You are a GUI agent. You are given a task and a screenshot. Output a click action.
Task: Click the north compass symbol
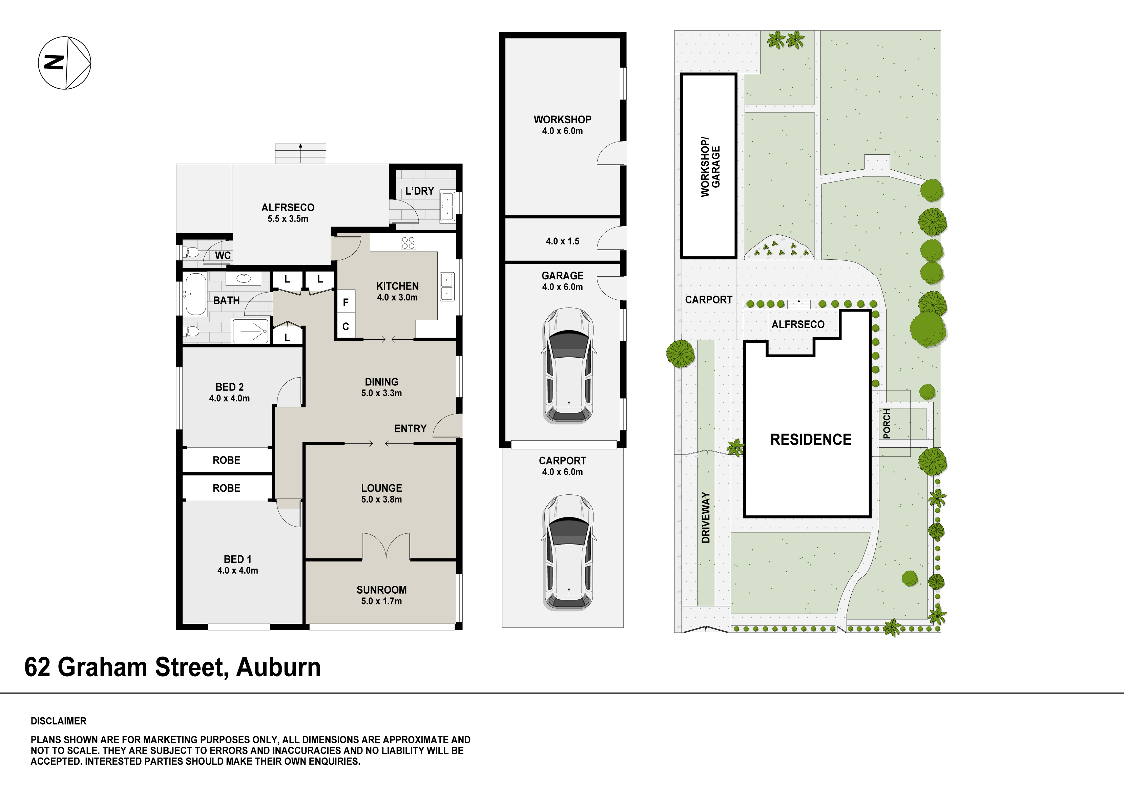pos(65,63)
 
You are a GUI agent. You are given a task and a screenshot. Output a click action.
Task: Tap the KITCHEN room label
pos(397,286)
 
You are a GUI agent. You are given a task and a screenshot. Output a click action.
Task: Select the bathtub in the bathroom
pos(196,294)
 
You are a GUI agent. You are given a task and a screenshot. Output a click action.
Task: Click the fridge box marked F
pos(346,302)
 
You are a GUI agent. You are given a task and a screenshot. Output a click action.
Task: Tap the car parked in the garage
pos(568,365)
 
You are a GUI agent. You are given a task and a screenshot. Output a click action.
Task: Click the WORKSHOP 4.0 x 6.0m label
pos(562,125)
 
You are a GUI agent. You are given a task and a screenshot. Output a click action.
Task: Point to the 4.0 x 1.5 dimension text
pos(562,241)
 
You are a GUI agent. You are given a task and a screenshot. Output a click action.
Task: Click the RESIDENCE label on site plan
pos(811,440)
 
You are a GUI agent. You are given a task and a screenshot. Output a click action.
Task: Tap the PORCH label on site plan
pos(886,424)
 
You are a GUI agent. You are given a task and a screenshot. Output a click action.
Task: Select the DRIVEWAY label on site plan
pos(705,517)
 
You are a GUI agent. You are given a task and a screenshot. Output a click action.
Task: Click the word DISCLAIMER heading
pos(58,721)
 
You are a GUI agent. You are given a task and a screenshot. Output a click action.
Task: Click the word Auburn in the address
pos(278,667)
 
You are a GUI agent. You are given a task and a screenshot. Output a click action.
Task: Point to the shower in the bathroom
pos(251,331)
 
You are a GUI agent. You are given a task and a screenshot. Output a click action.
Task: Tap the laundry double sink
pos(447,206)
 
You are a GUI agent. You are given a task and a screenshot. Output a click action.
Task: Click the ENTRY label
pos(410,429)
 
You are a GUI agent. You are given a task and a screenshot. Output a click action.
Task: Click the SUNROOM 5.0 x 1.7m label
pos(381,595)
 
